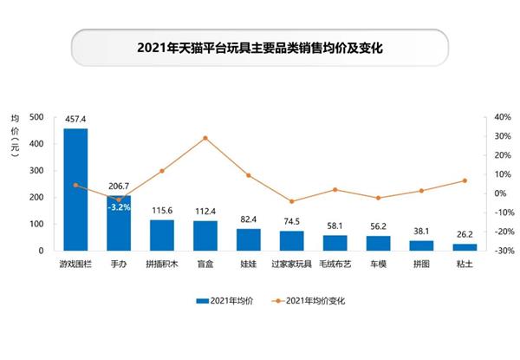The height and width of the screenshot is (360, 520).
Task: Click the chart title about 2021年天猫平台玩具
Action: pos(260,49)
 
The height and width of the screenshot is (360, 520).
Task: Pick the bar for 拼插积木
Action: pos(162,235)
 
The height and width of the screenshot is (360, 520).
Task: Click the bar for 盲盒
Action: pos(205,236)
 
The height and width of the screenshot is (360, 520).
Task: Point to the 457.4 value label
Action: pos(75,119)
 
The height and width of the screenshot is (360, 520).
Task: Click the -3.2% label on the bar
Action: pos(119,207)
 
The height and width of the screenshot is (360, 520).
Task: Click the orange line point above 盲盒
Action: pos(205,138)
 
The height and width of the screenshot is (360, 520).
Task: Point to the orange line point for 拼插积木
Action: pos(162,171)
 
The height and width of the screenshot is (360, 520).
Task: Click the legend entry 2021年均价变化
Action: pos(315,301)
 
